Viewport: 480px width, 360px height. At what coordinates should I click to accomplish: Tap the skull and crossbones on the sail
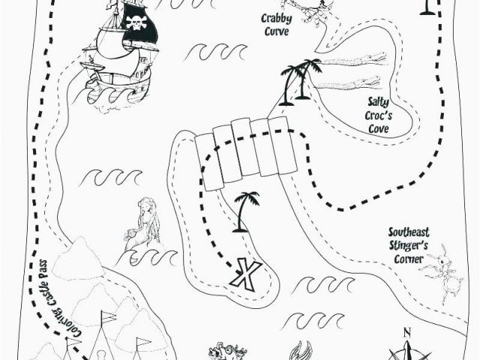point(136,22)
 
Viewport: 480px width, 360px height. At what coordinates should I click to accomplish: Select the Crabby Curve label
point(277,25)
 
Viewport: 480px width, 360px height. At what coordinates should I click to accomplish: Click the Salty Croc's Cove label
point(378,115)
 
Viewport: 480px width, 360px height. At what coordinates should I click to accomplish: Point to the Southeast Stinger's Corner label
point(409,245)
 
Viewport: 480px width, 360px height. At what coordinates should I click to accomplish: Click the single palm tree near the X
point(245,211)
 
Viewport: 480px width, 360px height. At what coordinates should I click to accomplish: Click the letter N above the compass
point(406,332)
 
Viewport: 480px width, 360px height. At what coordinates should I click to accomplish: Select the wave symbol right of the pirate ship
point(217,52)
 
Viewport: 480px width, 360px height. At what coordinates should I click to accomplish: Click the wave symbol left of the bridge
point(110,178)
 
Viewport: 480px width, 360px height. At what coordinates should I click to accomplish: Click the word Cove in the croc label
point(378,128)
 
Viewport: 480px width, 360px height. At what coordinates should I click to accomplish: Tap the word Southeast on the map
point(409,232)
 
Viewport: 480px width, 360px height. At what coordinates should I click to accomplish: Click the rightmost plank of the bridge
point(283,145)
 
